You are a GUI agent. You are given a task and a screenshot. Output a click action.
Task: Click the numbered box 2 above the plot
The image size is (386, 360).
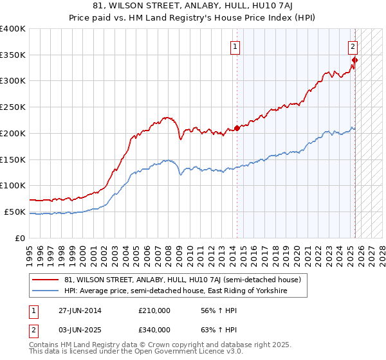(x=353, y=46)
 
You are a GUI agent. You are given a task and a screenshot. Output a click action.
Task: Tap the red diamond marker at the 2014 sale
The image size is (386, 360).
(x=237, y=128)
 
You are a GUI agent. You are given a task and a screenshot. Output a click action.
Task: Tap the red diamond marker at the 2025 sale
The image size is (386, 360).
(x=354, y=60)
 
